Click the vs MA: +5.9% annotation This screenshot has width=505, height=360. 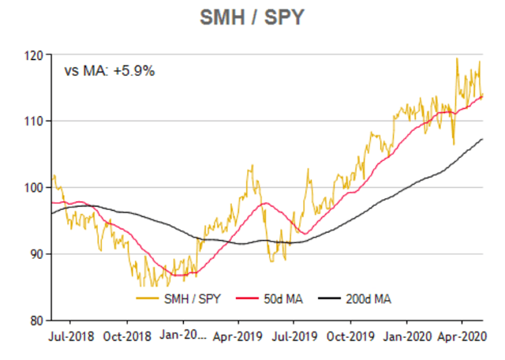pos(109,71)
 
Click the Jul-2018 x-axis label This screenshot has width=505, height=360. pos(70,336)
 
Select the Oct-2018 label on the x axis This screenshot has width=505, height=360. pos(127,336)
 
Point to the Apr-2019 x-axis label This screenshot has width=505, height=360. pos(239,336)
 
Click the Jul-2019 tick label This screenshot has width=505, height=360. pos(294,336)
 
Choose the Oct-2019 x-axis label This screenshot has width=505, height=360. pos(350,336)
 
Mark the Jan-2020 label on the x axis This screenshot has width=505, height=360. pos(407,336)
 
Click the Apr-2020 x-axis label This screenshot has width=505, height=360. pos(462,336)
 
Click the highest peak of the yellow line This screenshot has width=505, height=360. pos(456,58)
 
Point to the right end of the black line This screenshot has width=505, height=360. pos(483,139)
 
